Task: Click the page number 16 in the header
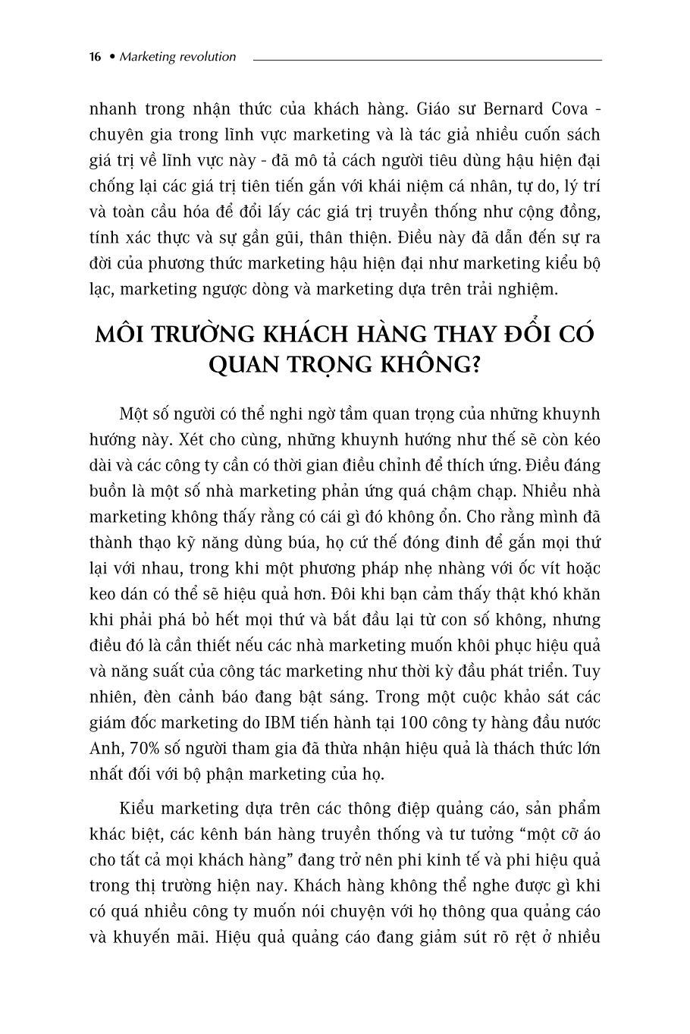tap(95, 57)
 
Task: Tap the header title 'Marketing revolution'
tap(178, 57)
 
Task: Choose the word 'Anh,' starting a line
tap(105, 748)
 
